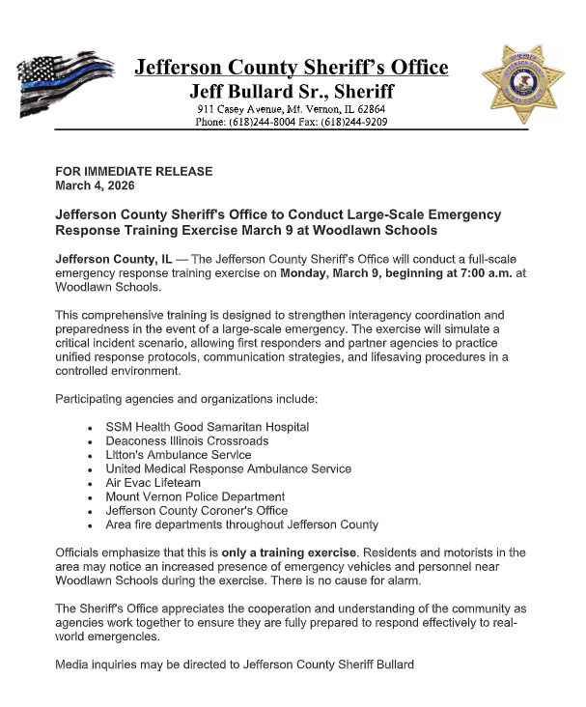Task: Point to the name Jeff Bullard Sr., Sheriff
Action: point(291,93)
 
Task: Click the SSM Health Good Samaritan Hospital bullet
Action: point(220,426)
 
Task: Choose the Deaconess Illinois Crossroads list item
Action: point(201,440)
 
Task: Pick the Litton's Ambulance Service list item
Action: point(178,454)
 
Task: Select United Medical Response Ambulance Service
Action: point(228,468)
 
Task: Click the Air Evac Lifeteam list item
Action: point(153,482)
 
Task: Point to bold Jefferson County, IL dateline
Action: point(114,260)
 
